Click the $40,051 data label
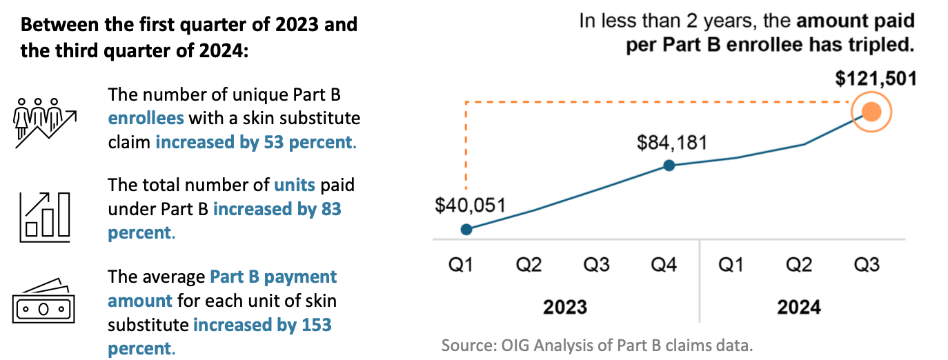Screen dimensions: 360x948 (x=471, y=205)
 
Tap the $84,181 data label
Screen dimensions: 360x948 (x=671, y=142)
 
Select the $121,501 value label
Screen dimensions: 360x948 (x=876, y=79)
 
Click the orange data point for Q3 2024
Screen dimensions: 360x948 (x=871, y=112)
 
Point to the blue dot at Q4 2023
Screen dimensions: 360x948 (x=669, y=166)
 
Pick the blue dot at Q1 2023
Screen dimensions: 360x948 (x=466, y=229)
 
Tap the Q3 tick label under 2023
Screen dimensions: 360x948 (x=596, y=266)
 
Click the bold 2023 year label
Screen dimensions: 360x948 (x=564, y=306)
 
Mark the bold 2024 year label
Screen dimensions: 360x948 (x=799, y=306)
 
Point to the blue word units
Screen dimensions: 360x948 (x=295, y=185)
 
